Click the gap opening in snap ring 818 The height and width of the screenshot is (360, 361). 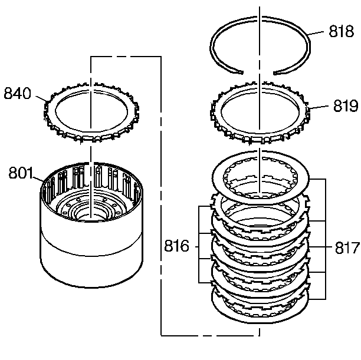point(258,72)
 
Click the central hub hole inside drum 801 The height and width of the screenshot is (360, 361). point(90,213)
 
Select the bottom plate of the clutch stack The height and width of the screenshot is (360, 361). point(260,309)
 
